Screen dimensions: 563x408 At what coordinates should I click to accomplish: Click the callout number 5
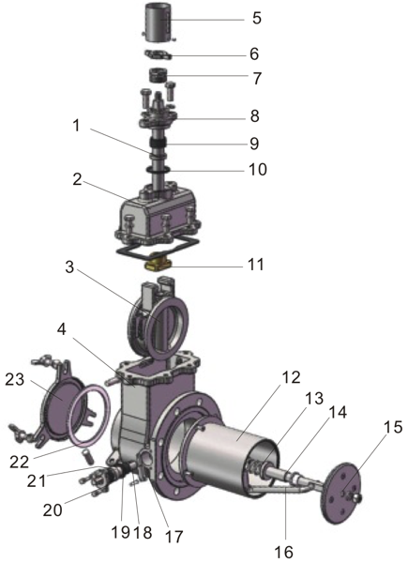click(x=257, y=18)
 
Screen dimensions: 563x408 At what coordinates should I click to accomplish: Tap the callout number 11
click(x=255, y=266)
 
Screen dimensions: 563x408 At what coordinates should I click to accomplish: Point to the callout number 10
click(x=256, y=170)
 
